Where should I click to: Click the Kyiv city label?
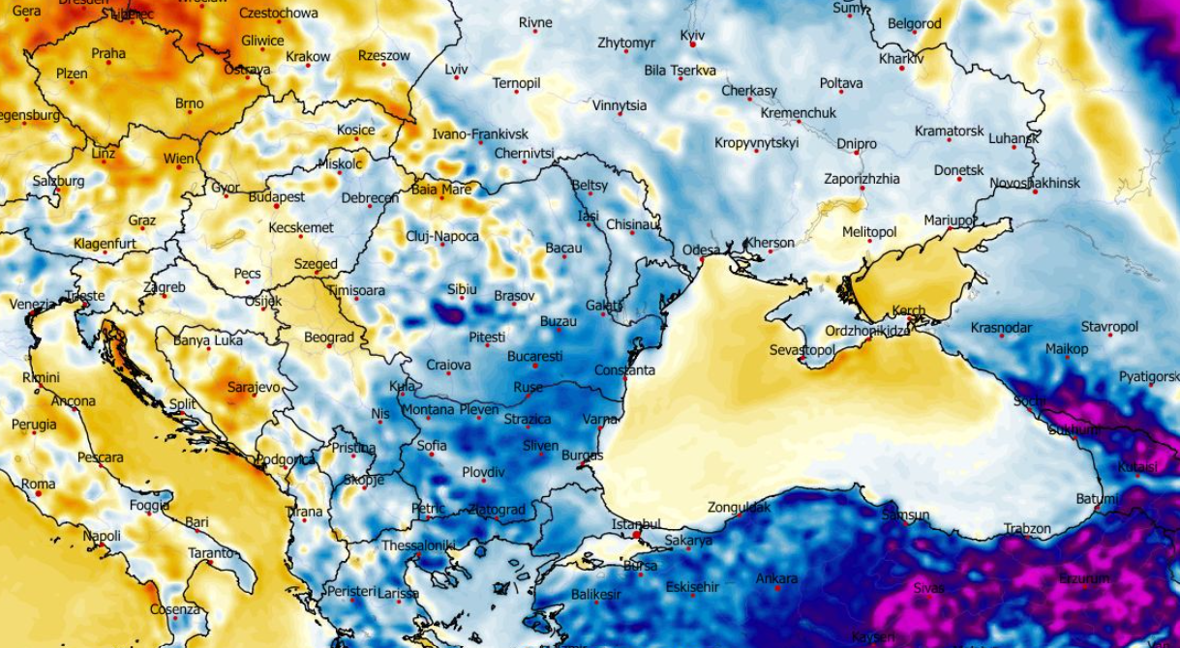click(x=692, y=35)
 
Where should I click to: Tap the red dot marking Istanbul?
click(x=637, y=534)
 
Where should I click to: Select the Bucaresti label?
click(x=534, y=357)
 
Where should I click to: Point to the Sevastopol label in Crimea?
click(x=802, y=349)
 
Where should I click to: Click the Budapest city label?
click(x=277, y=196)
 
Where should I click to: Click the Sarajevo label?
click(x=254, y=387)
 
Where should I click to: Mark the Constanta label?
click(x=624, y=370)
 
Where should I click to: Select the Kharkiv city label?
click(x=901, y=59)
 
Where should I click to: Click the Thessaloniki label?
click(x=417, y=545)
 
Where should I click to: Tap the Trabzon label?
click(x=1027, y=529)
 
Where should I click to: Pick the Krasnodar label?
click(x=1000, y=328)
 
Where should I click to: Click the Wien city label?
click(x=178, y=159)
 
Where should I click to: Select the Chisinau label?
click(x=632, y=224)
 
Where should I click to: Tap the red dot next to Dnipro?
click(x=857, y=153)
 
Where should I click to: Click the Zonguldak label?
click(x=739, y=507)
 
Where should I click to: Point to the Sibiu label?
click(x=462, y=289)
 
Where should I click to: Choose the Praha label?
click(x=108, y=53)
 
